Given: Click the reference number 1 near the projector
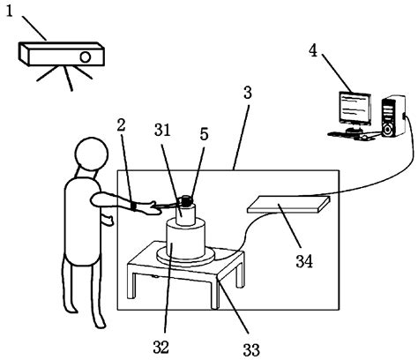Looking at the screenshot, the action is (10, 11).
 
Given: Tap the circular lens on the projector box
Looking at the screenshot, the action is (86, 56).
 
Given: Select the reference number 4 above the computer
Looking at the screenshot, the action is (313, 51).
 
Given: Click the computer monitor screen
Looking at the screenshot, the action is (355, 109).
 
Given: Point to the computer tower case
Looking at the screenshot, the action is (393, 116).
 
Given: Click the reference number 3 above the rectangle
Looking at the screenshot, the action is (248, 93).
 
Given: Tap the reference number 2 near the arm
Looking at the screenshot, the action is (121, 124).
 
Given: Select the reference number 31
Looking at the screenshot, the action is (162, 130).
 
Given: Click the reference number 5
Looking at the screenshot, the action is (204, 134).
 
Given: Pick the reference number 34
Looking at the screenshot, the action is (304, 261).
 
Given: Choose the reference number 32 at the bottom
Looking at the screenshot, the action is (161, 347).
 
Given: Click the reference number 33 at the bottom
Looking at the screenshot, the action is (251, 350).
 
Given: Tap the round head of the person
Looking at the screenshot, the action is (92, 154).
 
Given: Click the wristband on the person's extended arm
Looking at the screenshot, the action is (133, 206).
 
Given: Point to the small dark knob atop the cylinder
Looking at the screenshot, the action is (186, 200).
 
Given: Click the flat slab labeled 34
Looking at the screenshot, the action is (288, 204).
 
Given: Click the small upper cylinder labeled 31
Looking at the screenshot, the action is (186, 214).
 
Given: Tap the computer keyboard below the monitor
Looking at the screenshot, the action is (341, 135).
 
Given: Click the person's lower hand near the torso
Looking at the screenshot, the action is (108, 220).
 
